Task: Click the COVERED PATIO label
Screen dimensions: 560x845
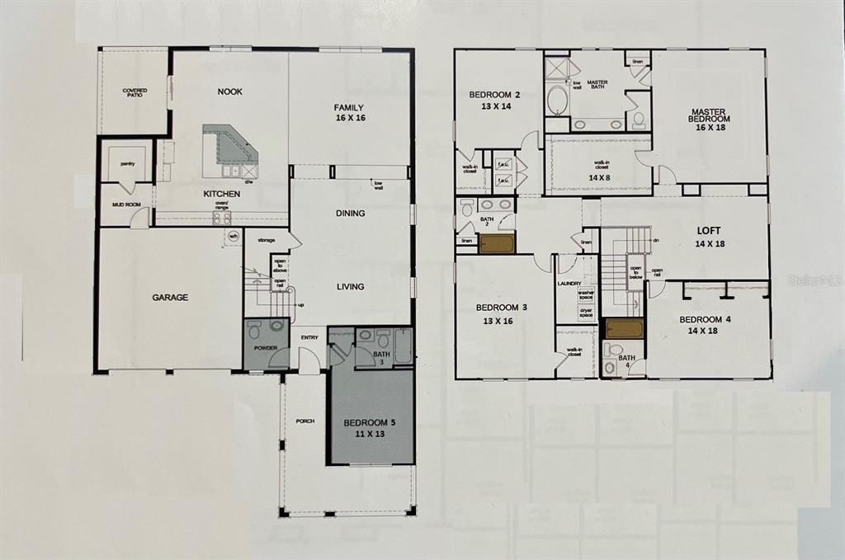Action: [135, 93]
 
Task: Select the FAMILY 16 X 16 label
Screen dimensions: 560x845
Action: [349, 113]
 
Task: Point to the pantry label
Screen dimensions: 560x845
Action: [127, 164]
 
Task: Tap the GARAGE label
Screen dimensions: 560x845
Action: [171, 297]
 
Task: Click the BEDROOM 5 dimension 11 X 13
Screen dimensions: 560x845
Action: [370, 434]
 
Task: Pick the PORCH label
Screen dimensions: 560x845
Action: [305, 421]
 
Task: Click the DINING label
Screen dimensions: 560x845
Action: [350, 214]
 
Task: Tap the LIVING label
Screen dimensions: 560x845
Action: [350, 287]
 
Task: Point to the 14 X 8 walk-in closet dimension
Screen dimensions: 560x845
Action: [600, 176]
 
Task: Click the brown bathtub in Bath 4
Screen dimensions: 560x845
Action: [624, 330]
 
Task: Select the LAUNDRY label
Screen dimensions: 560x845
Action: [569, 283]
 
